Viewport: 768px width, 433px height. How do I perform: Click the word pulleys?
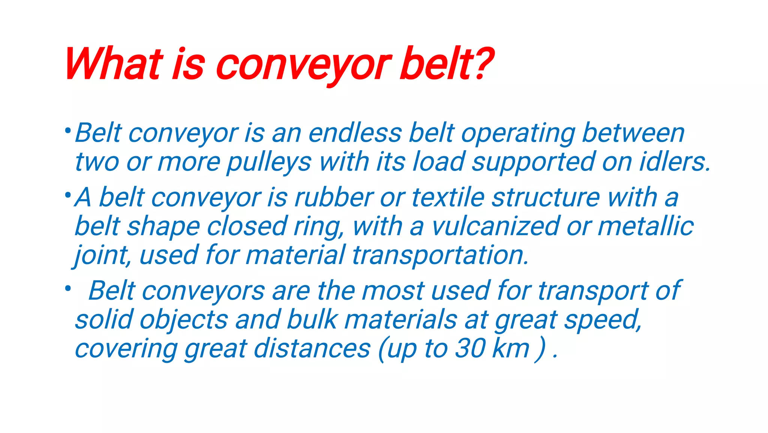pos(269,162)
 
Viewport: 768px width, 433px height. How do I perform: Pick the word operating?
pos(518,134)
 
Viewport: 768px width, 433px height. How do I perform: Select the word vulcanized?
pos(495,226)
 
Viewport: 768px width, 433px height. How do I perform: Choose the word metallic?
pos(645,226)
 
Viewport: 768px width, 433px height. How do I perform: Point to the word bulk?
pos(312,320)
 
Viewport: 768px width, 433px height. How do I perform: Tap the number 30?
pos(470,348)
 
